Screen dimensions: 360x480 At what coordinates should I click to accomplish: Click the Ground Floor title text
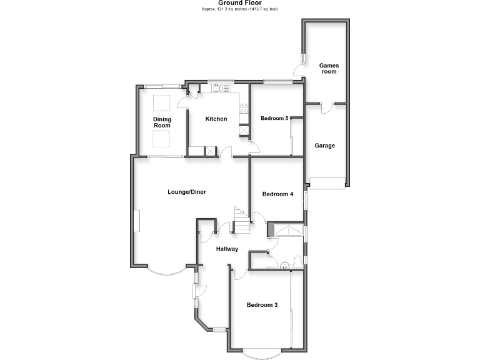click(x=240, y=2)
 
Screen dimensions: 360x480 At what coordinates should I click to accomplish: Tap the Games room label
click(x=328, y=68)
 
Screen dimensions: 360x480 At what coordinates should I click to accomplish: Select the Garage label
click(x=324, y=146)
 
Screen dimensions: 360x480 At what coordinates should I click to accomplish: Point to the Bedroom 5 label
click(x=274, y=118)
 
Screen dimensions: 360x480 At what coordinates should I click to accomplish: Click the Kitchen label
click(x=216, y=119)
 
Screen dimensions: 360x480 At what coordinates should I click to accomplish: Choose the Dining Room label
click(x=162, y=122)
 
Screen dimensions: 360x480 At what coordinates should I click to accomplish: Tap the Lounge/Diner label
click(x=186, y=192)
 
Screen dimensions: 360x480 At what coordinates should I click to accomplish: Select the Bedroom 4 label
click(x=277, y=194)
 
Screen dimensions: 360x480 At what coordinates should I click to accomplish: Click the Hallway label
click(x=227, y=249)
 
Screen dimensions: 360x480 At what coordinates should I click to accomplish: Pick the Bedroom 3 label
click(x=262, y=305)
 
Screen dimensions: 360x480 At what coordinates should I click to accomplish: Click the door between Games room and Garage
click(x=325, y=107)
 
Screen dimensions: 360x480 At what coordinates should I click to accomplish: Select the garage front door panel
click(x=328, y=182)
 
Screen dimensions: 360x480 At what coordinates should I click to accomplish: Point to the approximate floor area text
click(x=240, y=9)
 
